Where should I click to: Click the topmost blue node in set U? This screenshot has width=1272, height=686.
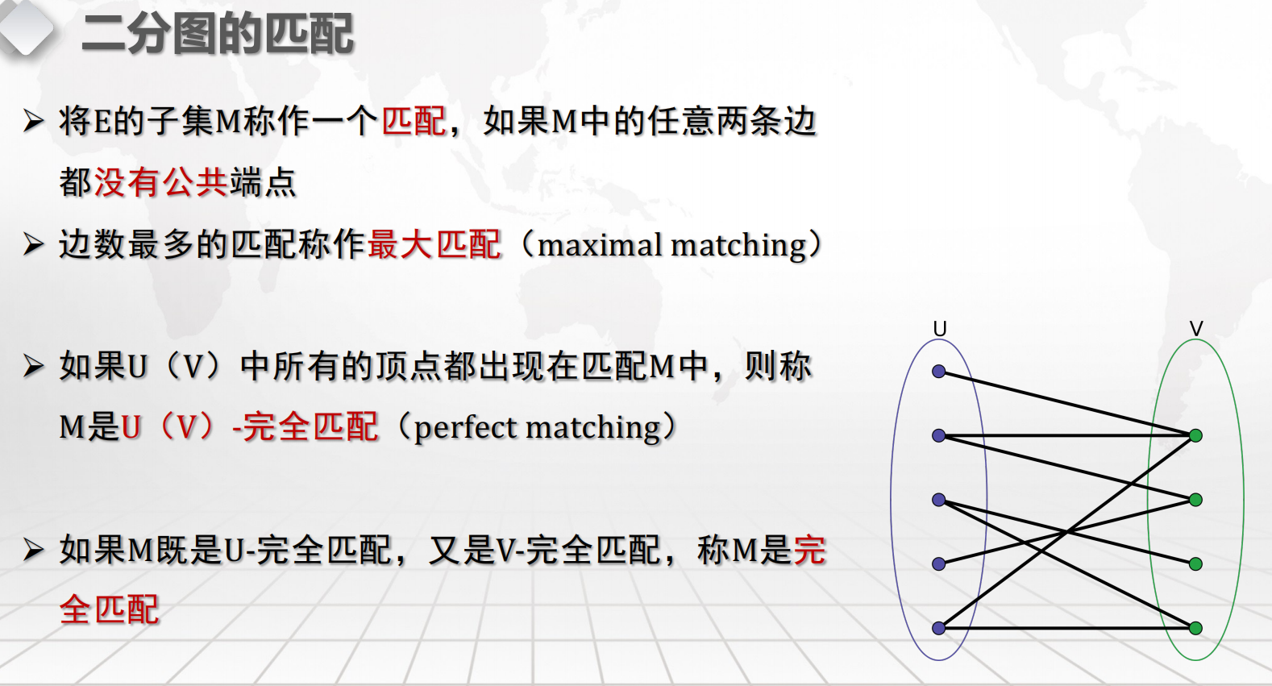[938, 372]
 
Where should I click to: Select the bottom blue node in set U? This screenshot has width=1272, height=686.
[938, 627]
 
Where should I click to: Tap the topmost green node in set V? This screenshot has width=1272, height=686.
[1195, 435]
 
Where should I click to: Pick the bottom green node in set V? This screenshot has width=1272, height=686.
[1195, 627]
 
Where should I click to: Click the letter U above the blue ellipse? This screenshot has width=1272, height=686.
[940, 329]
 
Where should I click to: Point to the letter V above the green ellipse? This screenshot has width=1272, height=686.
[1196, 329]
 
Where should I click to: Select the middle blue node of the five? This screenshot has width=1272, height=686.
[938, 500]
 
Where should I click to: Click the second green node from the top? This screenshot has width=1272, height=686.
[1195, 500]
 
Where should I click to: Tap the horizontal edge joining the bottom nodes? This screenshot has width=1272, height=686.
[1067, 628]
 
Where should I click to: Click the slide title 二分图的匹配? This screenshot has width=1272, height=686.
[218, 34]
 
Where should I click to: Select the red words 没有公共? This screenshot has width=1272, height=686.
[161, 182]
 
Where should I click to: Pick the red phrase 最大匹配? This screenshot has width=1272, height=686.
[434, 244]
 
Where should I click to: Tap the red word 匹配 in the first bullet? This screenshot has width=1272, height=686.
[414, 121]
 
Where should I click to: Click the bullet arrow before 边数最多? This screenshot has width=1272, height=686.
[34, 244]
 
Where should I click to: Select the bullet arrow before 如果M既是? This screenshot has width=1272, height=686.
[34, 550]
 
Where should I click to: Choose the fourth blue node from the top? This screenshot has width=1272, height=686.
[938, 564]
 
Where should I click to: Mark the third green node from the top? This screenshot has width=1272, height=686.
[1195, 564]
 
